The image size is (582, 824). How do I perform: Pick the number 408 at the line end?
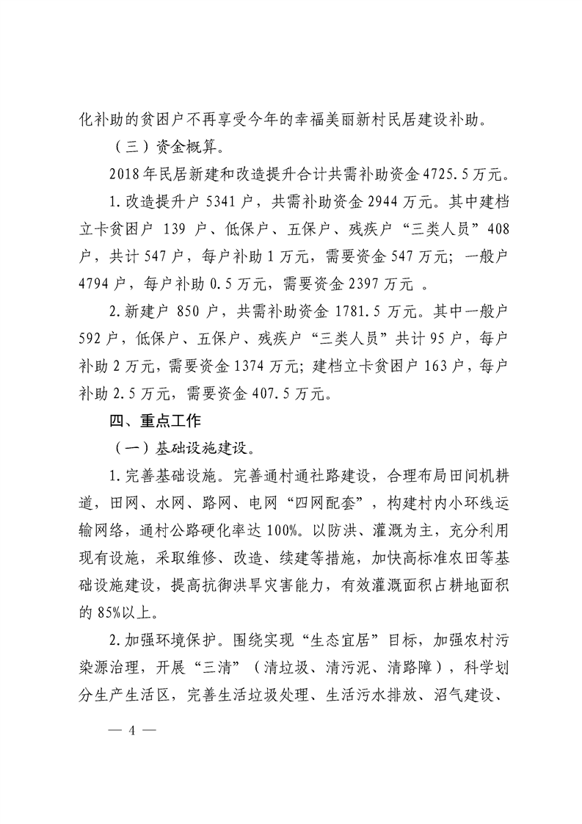click(497, 229)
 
